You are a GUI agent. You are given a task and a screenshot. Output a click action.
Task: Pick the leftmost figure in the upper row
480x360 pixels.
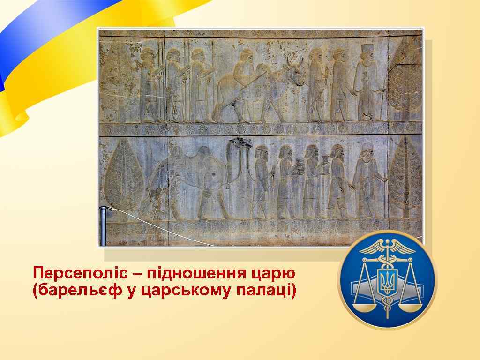150,84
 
